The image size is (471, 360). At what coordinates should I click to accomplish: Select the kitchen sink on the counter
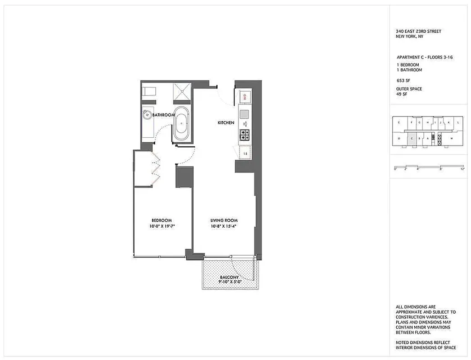coord(245,114)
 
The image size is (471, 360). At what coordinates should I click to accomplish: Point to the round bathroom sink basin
coord(147,115)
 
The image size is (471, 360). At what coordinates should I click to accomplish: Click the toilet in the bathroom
coord(148,91)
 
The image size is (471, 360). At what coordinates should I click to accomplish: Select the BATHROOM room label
coord(163,115)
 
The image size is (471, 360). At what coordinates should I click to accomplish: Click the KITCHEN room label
coord(226,123)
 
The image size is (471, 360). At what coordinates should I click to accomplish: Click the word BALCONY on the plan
coord(229,277)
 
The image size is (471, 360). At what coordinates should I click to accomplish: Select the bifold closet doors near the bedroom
coord(155,169)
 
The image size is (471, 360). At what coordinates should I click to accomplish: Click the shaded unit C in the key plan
coord(412,139)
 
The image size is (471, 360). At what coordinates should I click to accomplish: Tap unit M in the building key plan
coord(451,139)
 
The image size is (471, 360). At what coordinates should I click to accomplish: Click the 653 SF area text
coord(400,80)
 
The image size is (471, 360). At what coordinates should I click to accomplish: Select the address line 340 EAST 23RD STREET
coord(418,31)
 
